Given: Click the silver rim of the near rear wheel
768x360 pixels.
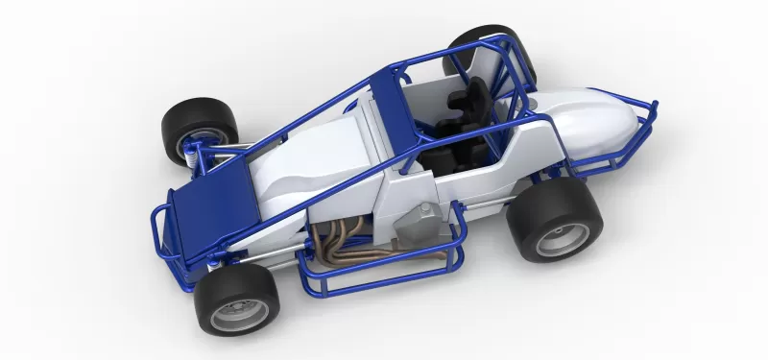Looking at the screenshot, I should pyautogui.click(x=563, y=237).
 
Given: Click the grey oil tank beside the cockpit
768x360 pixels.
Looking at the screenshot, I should pyautogui.click(x=419, y=223).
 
